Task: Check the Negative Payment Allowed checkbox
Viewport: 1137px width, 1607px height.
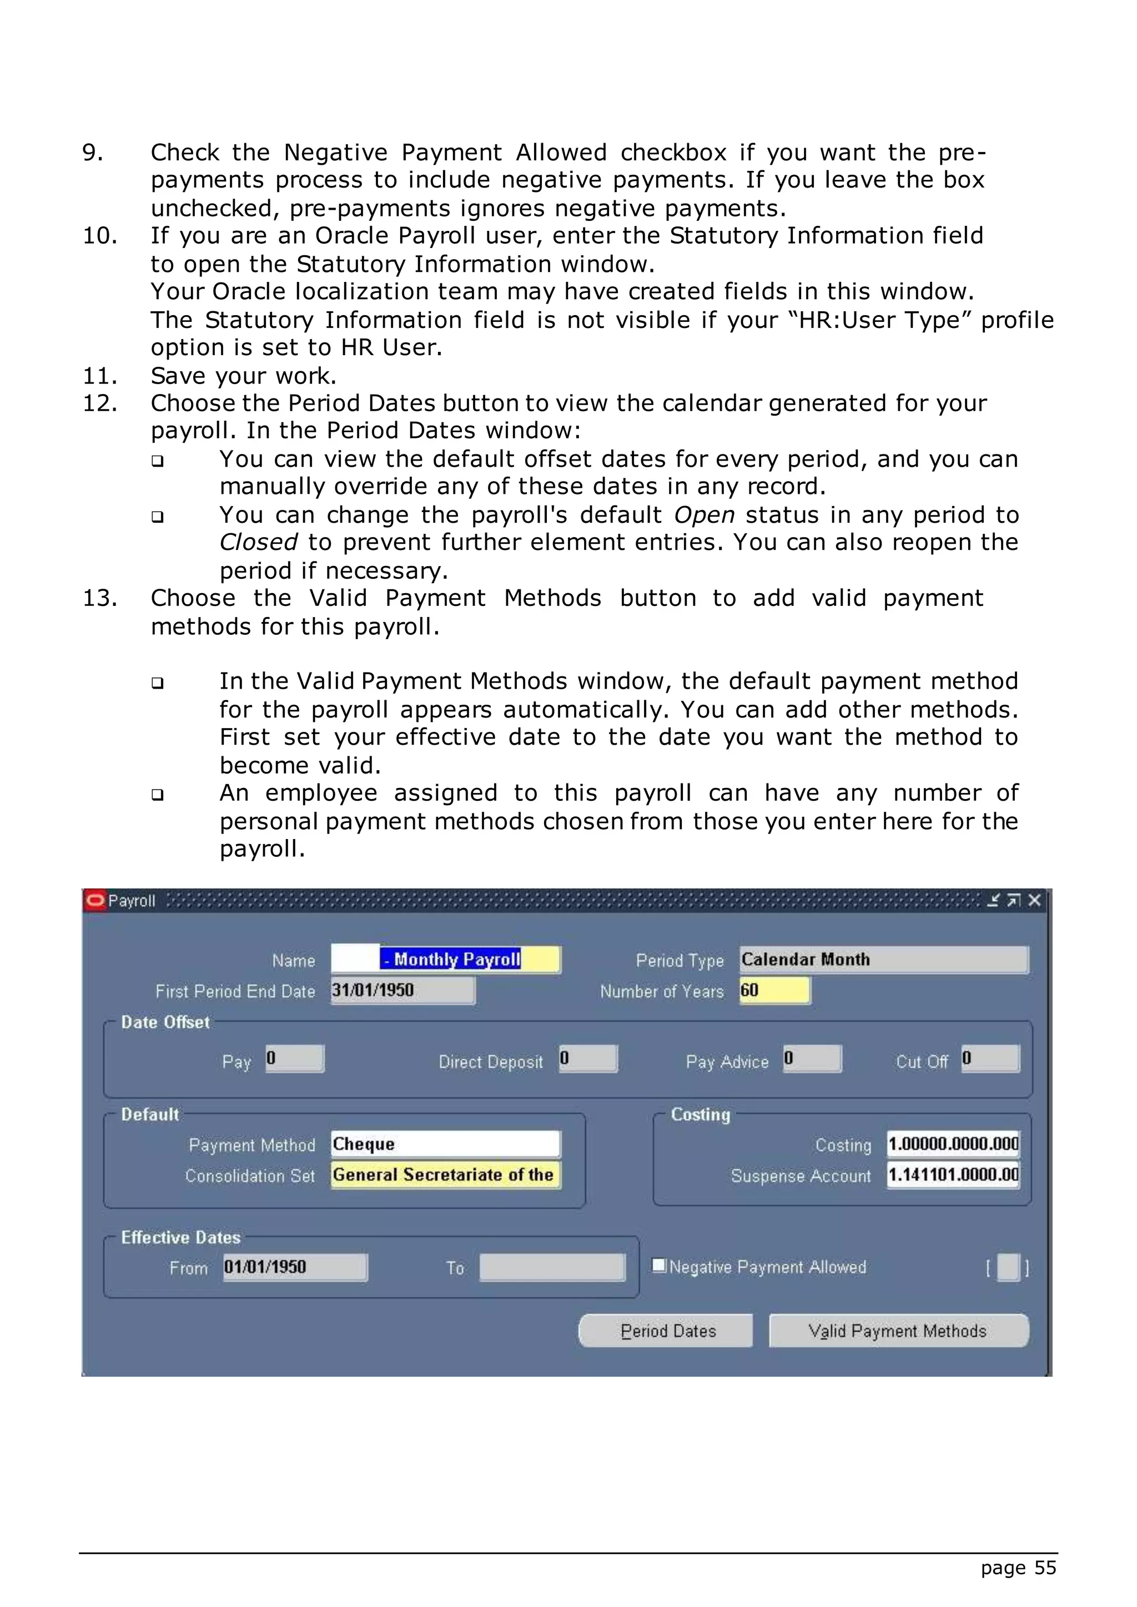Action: pos(659,1265)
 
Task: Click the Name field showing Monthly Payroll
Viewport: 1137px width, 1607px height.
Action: pos(445,959)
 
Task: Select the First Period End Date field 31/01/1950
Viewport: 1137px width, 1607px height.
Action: pos(403,991)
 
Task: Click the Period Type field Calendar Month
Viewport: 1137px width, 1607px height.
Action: pos(883,959)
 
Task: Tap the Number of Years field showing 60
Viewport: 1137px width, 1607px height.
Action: pos(774,991)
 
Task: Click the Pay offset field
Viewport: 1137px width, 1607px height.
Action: pos(295,1058)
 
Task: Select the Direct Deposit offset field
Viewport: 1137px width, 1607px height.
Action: pos(588,1058)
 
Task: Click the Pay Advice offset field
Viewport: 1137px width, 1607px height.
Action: pos(812,1058)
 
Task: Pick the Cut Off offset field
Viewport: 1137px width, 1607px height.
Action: pos(990,1058)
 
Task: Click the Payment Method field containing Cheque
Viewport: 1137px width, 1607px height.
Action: pos(445,1144)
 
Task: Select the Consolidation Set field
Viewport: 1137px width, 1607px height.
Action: pos(445,1175)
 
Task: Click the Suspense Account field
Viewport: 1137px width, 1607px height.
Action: pos(953,1175)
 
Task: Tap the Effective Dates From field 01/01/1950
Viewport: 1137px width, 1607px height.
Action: pos(295,1267)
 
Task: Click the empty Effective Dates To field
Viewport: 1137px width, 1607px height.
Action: pos(552,1267)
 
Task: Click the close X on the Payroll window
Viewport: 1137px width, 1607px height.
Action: pos(1035,901)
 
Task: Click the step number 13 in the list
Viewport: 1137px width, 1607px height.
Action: pos(99,598)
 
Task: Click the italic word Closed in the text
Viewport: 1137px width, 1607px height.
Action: pos(258,543)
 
